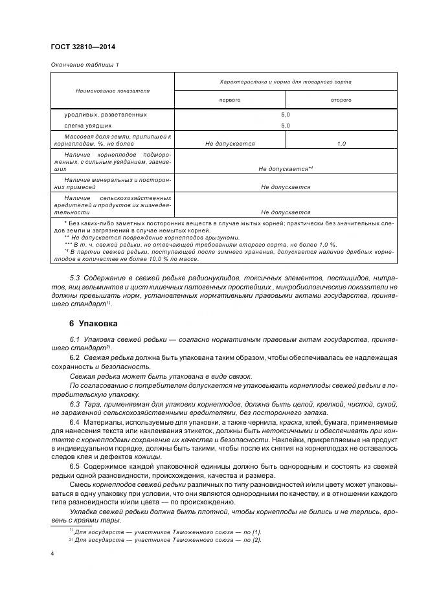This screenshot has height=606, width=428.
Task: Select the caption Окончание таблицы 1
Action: coord(84,65)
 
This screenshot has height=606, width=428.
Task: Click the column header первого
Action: coord(230,100)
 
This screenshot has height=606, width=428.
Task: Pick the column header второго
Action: coord(341,100)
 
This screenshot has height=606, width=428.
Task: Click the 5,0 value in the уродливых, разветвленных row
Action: coord(286,115)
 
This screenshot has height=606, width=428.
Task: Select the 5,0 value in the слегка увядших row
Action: coord(286,126)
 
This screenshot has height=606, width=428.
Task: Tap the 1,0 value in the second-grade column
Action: coord(341,144)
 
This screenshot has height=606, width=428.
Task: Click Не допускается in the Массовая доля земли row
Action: coord(230,144)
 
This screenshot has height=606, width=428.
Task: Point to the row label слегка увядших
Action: coord(87,126)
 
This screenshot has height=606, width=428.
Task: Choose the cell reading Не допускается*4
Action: coord(286,168)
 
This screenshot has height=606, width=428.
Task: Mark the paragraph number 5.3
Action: coord(74,278)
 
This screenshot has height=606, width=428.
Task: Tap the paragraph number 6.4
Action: coord(74,422)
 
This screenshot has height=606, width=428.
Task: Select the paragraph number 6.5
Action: coord(74,467)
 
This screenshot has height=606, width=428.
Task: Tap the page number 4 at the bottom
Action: coord(52,554)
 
